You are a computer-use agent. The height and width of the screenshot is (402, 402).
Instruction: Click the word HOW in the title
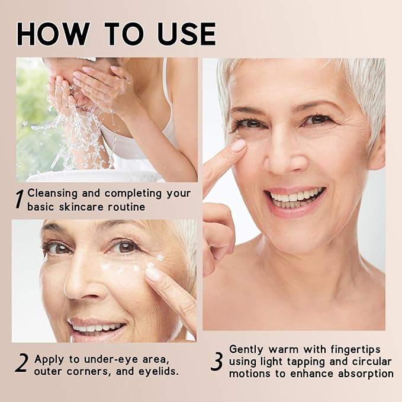tap(53, 34)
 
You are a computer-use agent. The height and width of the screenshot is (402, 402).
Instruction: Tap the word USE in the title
tap(187, 34)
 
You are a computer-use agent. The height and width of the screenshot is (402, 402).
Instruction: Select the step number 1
tap(20, 199)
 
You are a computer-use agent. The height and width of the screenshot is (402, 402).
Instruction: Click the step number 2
tap(21, 363)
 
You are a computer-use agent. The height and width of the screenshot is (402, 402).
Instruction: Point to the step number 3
tap(217, 362)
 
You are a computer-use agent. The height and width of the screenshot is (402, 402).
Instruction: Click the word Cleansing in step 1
tap(52, 194)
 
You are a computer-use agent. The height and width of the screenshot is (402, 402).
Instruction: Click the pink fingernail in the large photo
tap(238, 146)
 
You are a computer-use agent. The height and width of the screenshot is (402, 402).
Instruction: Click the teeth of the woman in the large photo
tap(295, 198)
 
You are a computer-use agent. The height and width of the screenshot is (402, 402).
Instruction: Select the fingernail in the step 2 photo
tap(153, 274)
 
